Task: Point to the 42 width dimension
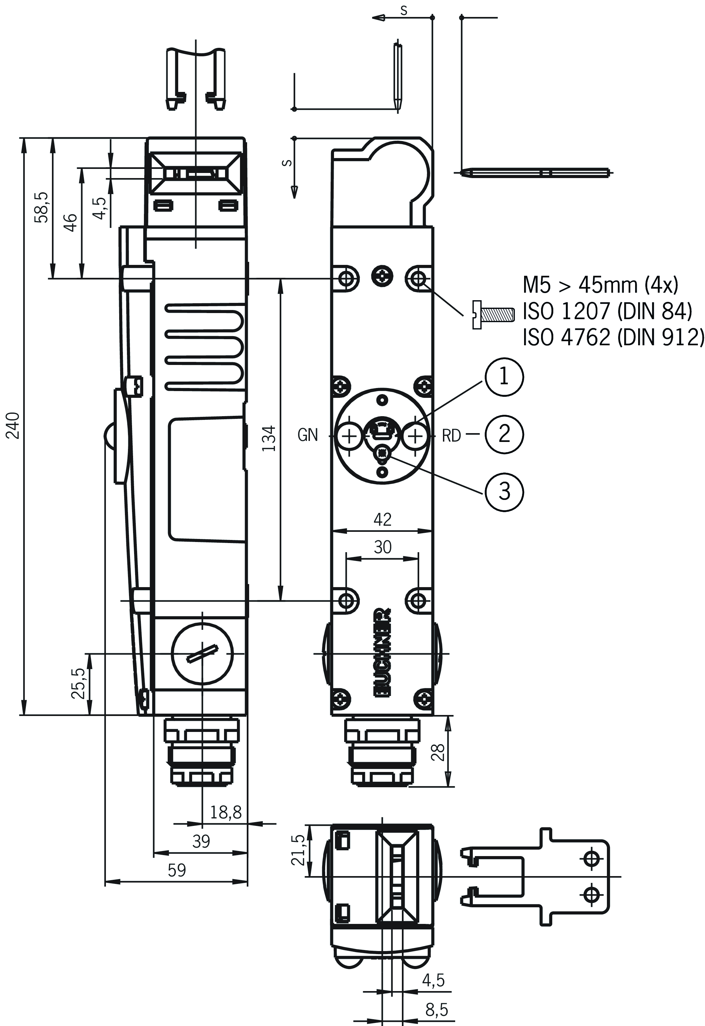(x=382, y=520)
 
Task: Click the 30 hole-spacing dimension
(x=383, y=547)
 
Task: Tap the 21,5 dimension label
(x=298, y=850)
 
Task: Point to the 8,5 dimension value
(x=437, y=1009)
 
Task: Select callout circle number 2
(x=504, y=434)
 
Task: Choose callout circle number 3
(x=504, y=491)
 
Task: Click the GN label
(x=308, y=435)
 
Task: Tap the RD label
(x=451, y=436)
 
